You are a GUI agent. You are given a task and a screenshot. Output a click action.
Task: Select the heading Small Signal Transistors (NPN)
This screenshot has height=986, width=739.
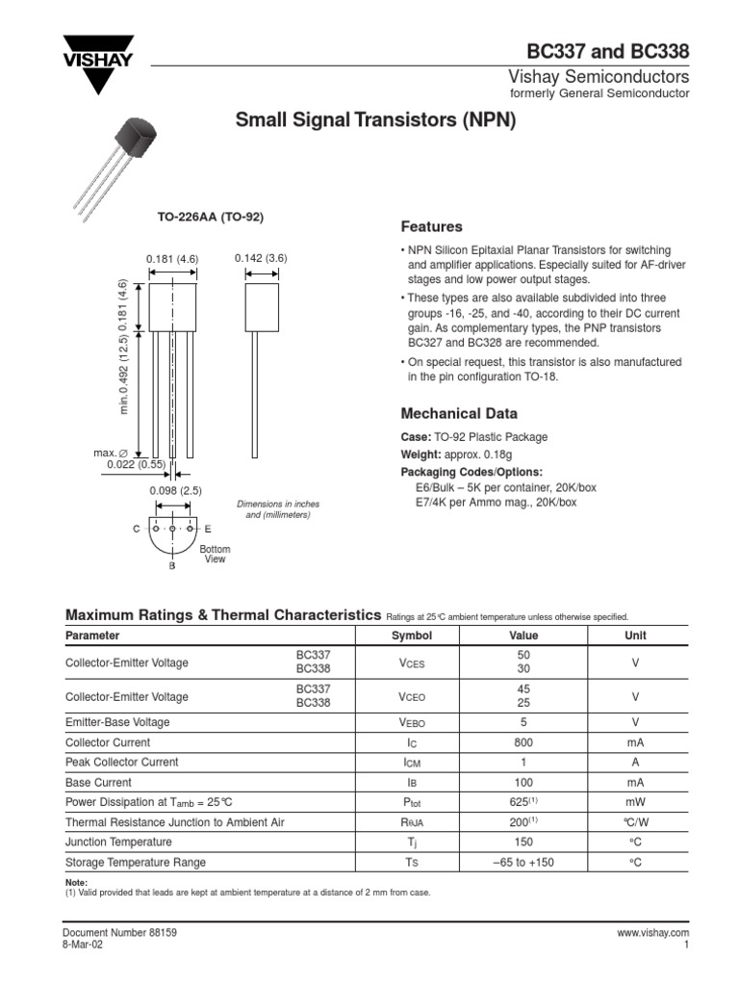click(x=376, y=120)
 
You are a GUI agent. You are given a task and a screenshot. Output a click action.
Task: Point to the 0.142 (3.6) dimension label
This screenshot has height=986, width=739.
click(x=261, y=258)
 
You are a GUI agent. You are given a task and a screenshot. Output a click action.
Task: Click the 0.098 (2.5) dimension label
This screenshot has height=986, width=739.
click(x=173, y=491)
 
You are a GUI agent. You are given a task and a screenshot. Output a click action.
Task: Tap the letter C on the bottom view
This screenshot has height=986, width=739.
click(x=137, y=530)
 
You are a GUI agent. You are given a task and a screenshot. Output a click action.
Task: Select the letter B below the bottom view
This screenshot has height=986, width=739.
click(x=172, y=566)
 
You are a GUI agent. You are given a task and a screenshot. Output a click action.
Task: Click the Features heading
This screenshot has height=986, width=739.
click(x=431, y=227)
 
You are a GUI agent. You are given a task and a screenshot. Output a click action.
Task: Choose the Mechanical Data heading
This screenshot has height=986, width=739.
click(x=458, y=413)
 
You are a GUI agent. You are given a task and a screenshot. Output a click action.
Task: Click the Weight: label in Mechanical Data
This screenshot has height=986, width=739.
click(x=420, y=454)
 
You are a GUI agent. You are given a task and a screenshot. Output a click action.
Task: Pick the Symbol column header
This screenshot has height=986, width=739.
click(x=412, y=636)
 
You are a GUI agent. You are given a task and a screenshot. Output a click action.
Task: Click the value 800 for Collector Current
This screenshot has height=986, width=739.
click(x=523, y=742)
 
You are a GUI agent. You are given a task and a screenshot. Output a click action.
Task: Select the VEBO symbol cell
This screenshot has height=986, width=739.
click(x=412, y=722)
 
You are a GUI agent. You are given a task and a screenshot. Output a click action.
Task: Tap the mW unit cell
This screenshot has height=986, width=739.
click(x=635, y=802)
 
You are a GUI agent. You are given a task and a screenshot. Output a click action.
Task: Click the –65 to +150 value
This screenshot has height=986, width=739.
click(x=523, y=863)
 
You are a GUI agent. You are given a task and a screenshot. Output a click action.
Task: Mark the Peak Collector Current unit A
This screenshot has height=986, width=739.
click(x=635, y=763)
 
